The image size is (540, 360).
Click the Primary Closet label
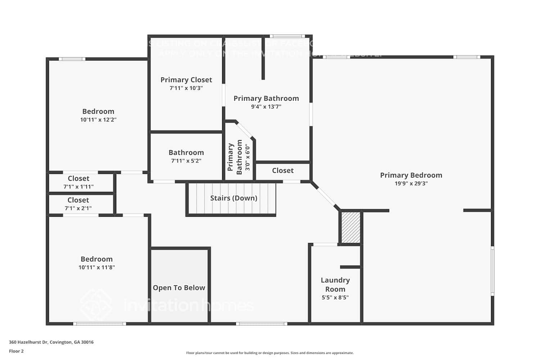tap(186, 80)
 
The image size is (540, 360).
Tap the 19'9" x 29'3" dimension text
tap(411, 184)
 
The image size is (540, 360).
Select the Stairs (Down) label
tap(234, 198)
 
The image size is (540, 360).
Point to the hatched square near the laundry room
tap(351, 228)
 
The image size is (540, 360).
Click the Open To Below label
tap(179, 288)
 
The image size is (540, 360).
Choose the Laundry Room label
tap(335, 284)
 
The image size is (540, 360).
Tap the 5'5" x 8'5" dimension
tap(335, 298)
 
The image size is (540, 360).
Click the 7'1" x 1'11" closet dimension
tap(78, 186)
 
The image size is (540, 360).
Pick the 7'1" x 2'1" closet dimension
tap(78, 208)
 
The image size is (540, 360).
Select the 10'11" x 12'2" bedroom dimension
tap(98, 120)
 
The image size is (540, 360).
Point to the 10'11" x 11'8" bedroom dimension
tap(96, 267)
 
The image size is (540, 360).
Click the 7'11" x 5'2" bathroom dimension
tap(186, 161)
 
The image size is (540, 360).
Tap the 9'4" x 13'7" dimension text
tap(266, 107)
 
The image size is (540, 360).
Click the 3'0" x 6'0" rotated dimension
tap(247, 157)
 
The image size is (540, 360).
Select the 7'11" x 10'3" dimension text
tap(186, 88)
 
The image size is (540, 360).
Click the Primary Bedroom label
tap(411, 175)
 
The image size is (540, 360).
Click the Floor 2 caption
tap(16, 351)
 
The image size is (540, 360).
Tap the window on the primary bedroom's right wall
tap(492, 271)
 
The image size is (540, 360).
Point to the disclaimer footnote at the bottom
tap(270, 353)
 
